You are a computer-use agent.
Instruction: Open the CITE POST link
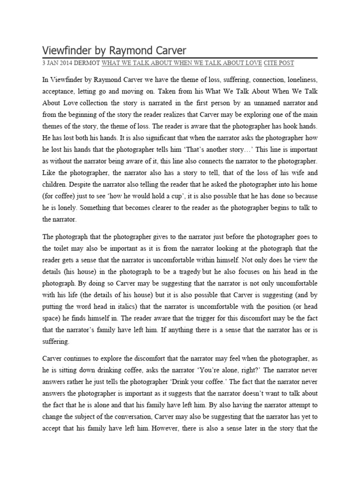279,63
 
